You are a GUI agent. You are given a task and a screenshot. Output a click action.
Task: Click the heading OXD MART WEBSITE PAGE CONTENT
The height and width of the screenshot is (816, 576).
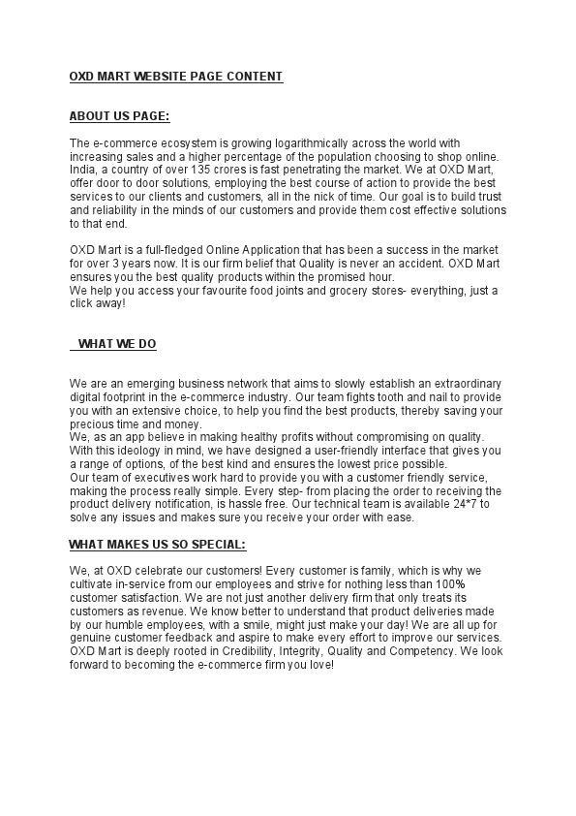(176, 76)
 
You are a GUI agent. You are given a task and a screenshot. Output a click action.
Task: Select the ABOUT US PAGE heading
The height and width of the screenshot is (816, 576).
(119, 116)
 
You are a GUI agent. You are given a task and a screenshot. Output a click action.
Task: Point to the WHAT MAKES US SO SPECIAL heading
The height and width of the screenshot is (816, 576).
(157, 544)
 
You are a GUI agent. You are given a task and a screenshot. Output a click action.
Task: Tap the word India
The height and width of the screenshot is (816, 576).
(83, 170)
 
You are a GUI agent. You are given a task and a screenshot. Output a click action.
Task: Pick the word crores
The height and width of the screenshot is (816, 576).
(232, 170)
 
